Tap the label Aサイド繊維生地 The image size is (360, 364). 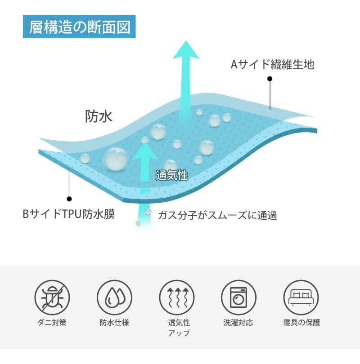click(272, 65)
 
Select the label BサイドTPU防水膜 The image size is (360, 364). click(69, 214)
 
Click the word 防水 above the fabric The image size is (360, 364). click(99, 116)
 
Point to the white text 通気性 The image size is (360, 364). click(171, 175)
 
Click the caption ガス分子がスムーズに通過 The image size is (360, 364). click(217, 215)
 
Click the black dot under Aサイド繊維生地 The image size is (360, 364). click(270, 79)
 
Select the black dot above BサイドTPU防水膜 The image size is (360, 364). click(69, 198)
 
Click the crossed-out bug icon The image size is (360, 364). click(52, 297)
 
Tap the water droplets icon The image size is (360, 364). click(114, 297)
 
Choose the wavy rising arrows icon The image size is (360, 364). click(176, 297)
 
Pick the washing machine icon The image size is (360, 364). click(238, 297)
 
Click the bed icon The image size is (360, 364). click(301, 297)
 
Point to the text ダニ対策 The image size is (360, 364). click(52, 323)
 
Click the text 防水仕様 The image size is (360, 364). click(114, 323)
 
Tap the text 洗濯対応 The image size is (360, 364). click(238, 323)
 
